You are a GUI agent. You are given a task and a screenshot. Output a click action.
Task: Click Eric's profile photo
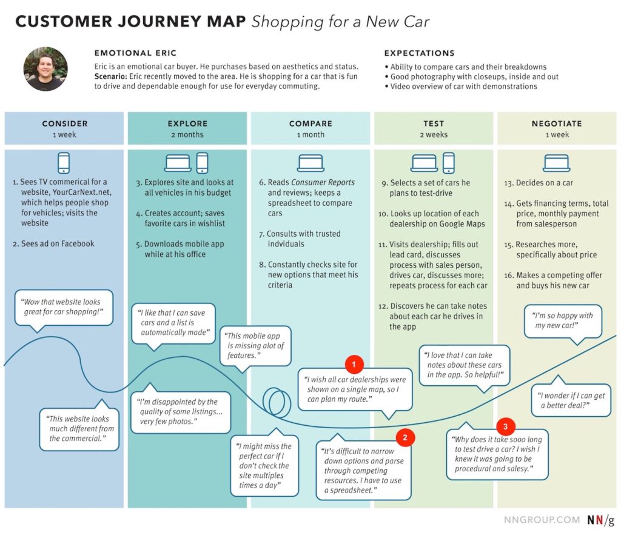45,69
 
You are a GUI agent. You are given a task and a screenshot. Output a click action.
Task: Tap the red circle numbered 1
354,365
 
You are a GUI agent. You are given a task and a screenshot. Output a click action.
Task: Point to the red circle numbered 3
506,425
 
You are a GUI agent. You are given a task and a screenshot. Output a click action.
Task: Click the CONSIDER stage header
64,124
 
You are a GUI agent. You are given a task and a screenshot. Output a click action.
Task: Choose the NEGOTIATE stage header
557,124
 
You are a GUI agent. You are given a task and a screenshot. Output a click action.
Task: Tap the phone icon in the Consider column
64,162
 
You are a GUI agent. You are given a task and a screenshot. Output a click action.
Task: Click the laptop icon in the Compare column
310,162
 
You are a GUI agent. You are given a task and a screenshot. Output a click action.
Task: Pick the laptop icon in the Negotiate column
556,162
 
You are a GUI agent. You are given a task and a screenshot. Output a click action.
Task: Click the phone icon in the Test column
448,162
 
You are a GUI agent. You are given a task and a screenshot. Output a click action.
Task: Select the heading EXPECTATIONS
419,53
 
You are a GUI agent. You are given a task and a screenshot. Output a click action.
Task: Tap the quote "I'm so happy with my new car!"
563,320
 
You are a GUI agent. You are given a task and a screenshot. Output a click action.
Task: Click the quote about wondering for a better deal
571,400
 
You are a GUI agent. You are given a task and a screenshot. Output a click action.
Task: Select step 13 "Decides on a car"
545,183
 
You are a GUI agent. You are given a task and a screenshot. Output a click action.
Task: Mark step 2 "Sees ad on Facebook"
53,243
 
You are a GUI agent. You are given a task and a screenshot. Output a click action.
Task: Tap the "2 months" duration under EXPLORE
187,135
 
